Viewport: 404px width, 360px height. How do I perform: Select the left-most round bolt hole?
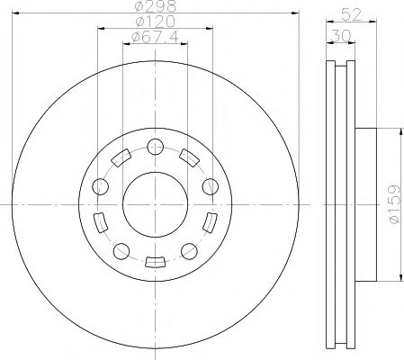[101, 186]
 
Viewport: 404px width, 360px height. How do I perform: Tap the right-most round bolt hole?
[210, 186]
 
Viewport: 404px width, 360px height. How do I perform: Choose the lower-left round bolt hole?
[121, 249]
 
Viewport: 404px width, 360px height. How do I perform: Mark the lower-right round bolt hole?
[189, 249]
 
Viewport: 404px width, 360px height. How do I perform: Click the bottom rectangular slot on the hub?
[155, 262]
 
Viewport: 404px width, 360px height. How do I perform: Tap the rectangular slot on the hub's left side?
[100, 221]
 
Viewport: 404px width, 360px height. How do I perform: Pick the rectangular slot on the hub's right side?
[211, 221]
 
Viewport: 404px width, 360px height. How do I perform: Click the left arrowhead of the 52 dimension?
[327, 22]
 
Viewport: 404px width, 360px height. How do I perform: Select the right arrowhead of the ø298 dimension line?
[295, 13]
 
